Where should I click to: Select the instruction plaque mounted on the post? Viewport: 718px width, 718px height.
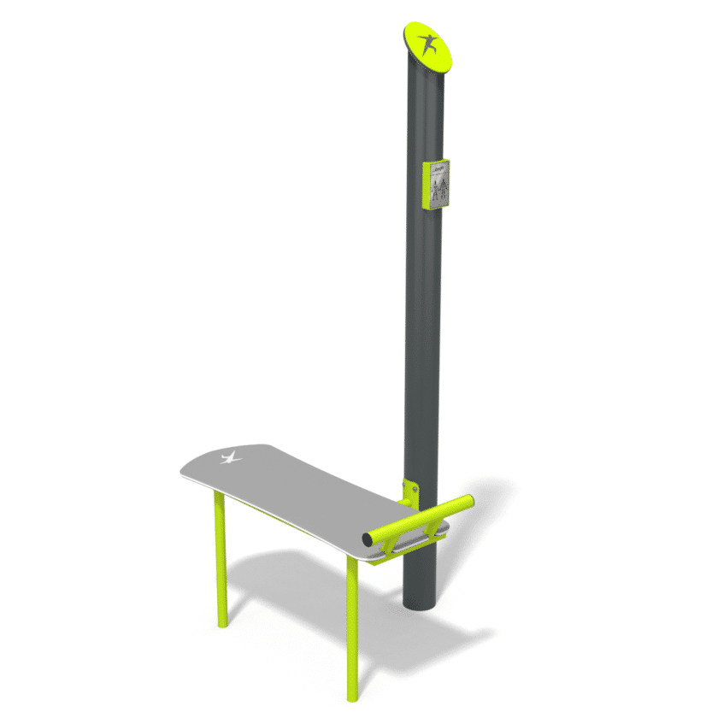437,184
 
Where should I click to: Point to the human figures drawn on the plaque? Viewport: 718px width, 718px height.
438,190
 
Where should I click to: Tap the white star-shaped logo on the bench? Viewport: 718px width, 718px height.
230,458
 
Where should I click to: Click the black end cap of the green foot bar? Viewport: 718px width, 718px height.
368,539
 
